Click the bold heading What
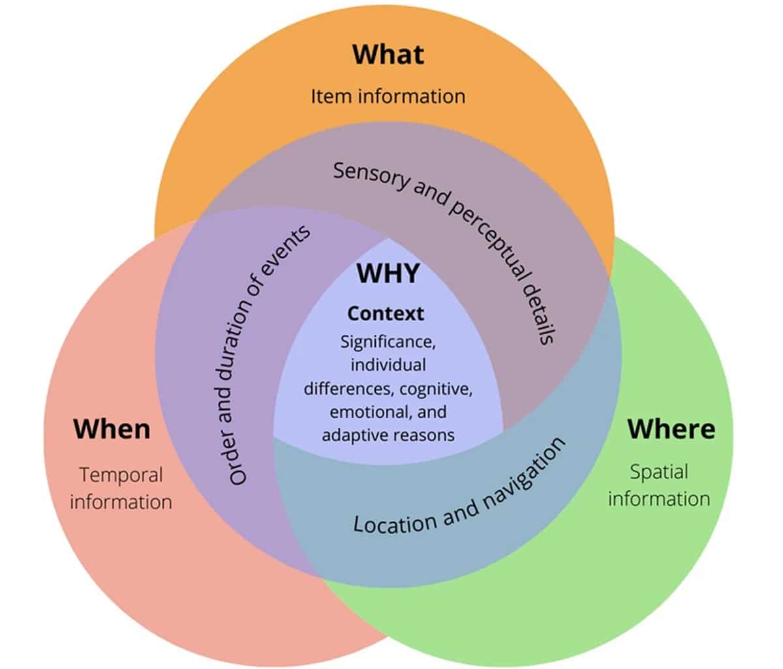point(388,54)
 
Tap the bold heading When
point(112,429)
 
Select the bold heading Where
point(671,429)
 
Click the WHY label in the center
point(388,273)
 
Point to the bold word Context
point(386,314)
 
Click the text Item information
point(388,97)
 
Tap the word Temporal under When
point(121,475)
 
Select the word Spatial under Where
point(659,472)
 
